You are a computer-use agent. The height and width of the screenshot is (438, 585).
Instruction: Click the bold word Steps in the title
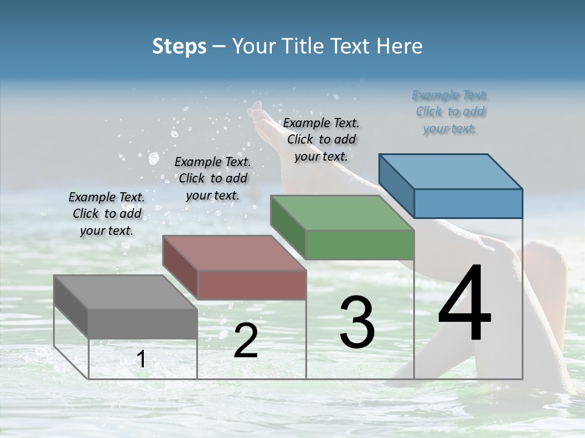(x=179, y=46)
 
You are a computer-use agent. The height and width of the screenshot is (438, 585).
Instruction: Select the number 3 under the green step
(x=356, y=322)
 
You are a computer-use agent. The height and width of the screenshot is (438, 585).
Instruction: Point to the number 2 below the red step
(x=246, y=341)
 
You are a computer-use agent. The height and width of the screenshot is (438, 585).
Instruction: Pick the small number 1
(x=141, y=359)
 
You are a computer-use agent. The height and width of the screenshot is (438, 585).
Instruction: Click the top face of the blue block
(x=450, y=171)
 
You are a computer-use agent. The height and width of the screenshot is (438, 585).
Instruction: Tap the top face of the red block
(x=234, y=252)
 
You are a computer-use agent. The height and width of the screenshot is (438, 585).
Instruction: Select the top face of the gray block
(x=126, y=292)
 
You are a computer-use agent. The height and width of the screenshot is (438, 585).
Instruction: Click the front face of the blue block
(x=468, y=203)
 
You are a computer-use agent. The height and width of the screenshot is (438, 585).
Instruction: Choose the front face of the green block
(x=360, y=245)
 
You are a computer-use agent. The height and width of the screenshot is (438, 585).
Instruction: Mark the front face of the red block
(x=252, y=285)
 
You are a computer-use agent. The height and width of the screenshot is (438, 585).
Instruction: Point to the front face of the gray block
(x=143, y=324)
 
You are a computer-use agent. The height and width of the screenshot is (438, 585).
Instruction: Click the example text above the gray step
(x=107, y=214)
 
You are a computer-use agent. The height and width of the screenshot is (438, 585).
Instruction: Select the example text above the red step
(x=213, y=178)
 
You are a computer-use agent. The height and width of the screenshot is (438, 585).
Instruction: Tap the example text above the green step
(x=321, y=139)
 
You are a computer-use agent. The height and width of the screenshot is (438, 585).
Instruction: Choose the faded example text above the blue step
(x=450, y=111)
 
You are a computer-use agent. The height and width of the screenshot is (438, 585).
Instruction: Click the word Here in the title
(x=402, y=46)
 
